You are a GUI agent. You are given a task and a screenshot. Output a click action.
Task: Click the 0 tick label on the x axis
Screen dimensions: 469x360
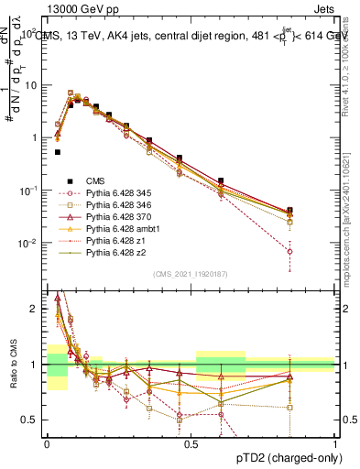click(x=47, y=442)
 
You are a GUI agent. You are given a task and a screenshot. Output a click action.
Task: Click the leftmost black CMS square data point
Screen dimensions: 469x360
click(x=57, y=152)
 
